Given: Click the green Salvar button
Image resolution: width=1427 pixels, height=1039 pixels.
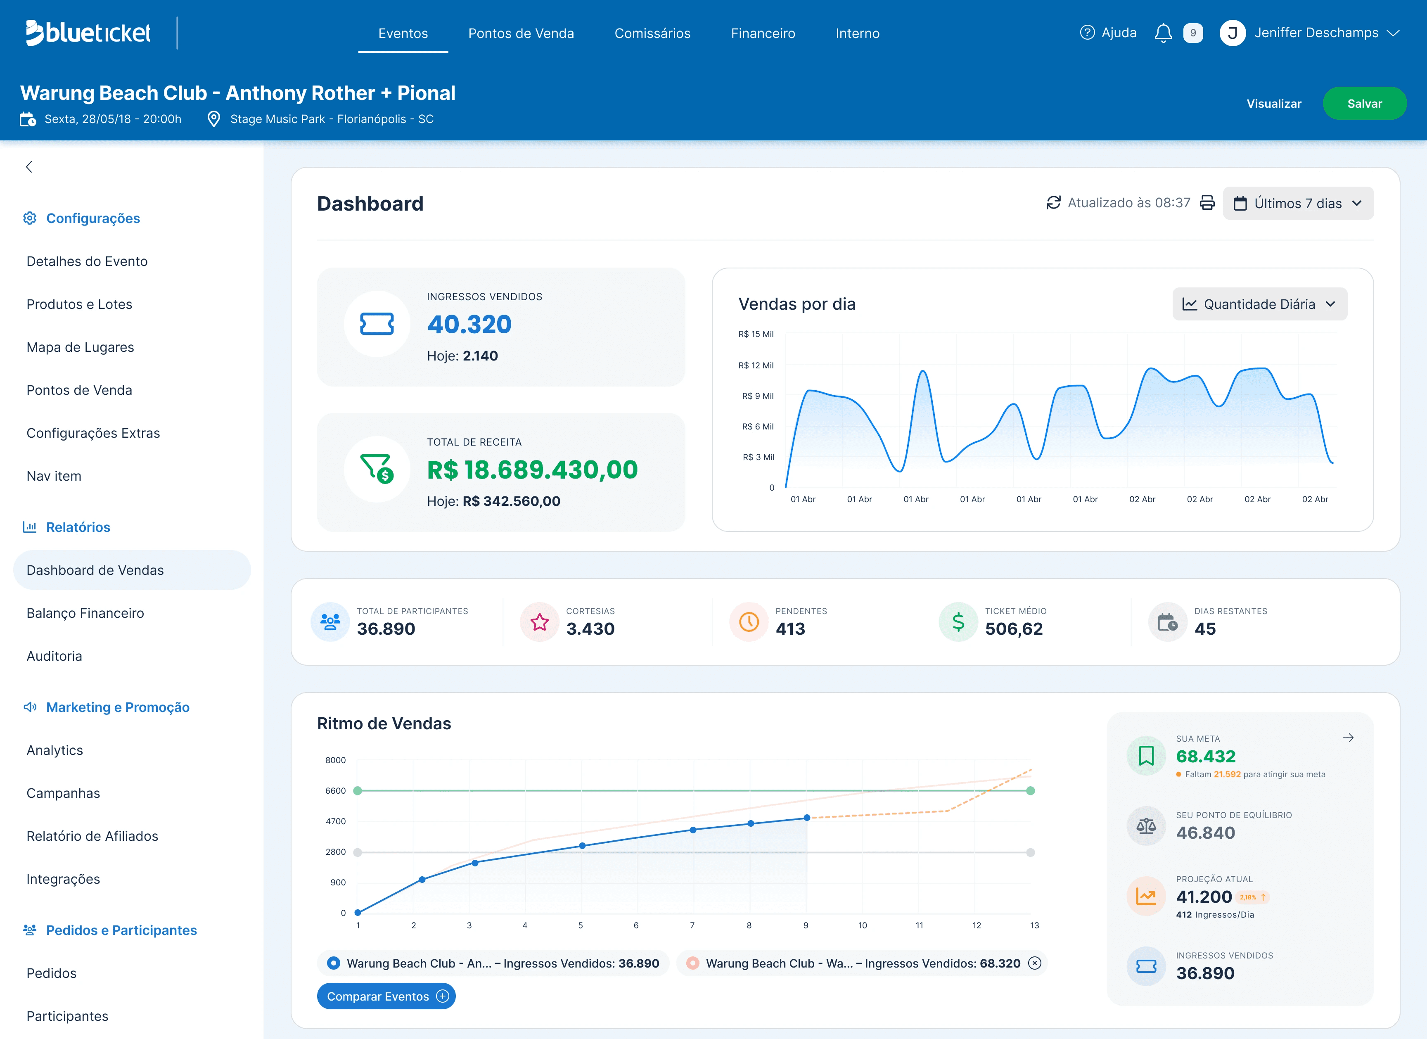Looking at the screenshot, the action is pos(1364,103).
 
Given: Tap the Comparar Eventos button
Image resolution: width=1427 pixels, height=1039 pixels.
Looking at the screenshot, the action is pos(386,996).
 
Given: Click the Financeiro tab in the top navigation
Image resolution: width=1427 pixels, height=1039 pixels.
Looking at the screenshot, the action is pos(763,33).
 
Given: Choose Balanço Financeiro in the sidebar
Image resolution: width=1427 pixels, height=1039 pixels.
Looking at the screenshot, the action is pos(85,613).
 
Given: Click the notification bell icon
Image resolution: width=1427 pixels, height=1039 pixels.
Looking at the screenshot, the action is pos(1163,33).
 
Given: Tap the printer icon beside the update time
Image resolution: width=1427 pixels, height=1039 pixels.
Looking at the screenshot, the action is pos(1207,203).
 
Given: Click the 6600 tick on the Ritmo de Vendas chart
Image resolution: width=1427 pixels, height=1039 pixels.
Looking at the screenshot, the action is pos(335,790).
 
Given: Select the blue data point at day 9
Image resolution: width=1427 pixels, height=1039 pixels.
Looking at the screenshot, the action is pos(807,818).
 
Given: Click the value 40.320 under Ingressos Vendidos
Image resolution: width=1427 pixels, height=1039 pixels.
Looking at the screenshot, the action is pos(469,324).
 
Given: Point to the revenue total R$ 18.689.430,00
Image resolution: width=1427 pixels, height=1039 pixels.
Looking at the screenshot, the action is pos(532,470).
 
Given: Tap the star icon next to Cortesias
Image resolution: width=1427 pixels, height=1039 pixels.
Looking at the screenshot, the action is pos(539,622).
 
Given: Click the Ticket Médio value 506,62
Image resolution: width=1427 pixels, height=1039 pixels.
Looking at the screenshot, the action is pos(1014,629).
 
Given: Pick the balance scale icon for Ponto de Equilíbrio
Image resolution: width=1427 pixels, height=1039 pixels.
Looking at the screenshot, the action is pos(1146,826).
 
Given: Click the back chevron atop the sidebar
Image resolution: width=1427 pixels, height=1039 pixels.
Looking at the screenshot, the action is pos(29,167).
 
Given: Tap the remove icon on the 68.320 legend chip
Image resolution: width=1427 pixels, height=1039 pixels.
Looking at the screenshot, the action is pos(1034,963).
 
